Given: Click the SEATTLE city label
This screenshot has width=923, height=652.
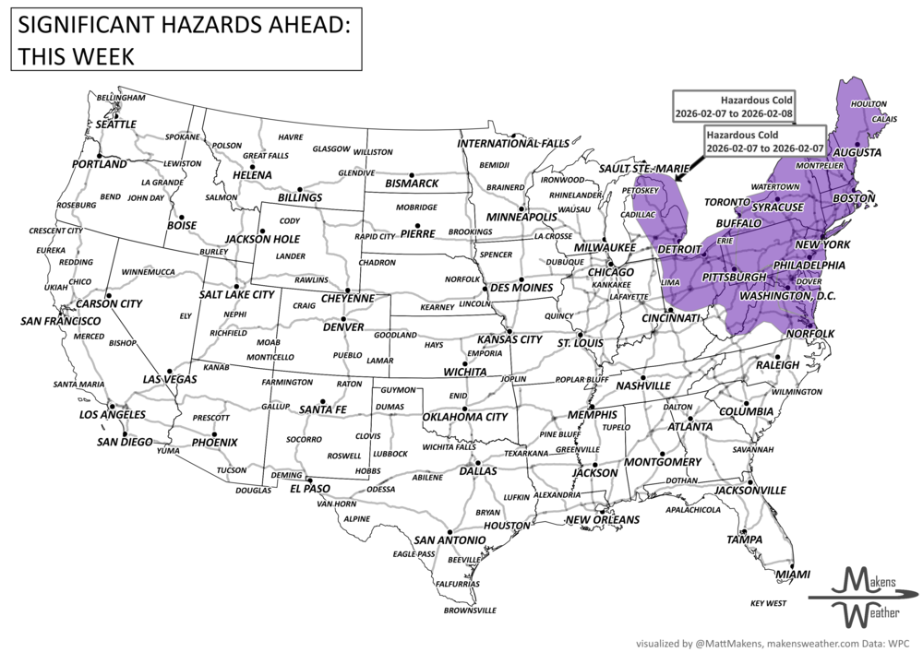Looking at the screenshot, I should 116,124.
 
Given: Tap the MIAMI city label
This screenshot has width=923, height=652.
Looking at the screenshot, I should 793,575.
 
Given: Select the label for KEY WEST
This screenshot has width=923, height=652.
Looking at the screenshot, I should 768,603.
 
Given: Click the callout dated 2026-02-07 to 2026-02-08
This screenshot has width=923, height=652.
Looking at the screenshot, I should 734,106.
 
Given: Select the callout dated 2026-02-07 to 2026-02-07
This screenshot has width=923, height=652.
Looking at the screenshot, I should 762,141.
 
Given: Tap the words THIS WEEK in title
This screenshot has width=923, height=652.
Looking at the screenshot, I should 74,56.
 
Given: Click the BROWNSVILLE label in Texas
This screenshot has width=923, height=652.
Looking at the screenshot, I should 470,610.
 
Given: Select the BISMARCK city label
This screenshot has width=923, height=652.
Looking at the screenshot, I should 411,184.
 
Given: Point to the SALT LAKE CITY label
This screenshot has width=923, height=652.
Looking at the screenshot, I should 237,294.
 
